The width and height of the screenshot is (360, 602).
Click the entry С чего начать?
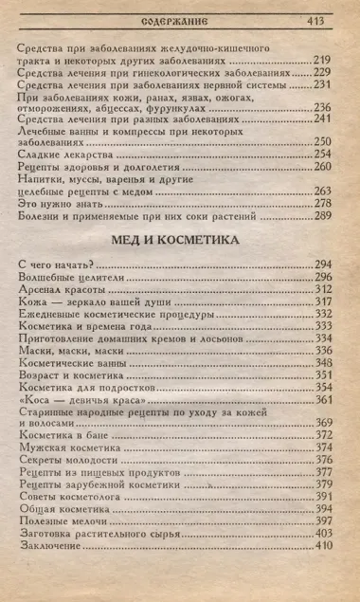coord(55,263)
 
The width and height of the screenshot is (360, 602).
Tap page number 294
coord(323,263)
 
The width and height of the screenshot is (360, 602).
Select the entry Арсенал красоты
coord(62,288)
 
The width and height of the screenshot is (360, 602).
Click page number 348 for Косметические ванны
coord(323,337)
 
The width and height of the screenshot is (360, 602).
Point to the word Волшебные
coord(45,276)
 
